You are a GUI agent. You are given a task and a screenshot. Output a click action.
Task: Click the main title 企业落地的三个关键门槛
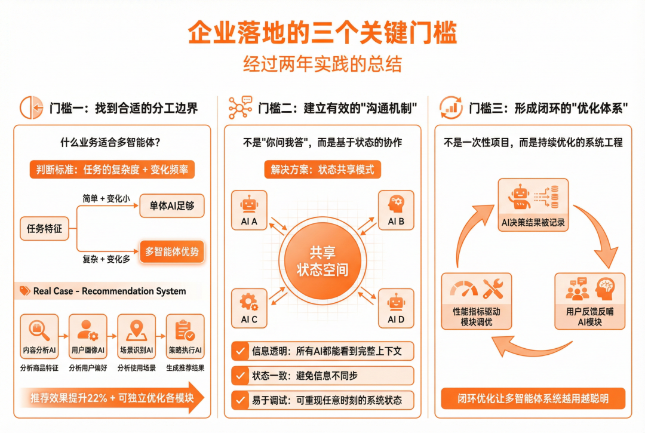322,33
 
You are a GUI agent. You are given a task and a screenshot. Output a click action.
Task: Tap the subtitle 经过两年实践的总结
322,64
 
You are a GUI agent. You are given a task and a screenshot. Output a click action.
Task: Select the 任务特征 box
45,228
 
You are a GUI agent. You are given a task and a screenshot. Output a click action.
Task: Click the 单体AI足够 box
172,207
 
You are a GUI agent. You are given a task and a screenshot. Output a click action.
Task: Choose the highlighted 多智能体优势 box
172,251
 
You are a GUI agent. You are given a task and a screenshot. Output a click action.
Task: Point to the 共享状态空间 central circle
322,260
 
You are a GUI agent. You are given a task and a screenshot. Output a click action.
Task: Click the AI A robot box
249,210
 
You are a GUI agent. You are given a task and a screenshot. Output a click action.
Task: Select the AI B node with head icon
396,210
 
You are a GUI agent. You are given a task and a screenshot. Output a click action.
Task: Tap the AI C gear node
249,308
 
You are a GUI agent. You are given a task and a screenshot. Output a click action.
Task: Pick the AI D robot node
396,308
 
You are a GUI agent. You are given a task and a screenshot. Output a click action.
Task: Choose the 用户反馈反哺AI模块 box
589,302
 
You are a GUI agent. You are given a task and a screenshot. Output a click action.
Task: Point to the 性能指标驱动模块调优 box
477,302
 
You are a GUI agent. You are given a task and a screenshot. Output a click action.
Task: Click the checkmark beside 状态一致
241,376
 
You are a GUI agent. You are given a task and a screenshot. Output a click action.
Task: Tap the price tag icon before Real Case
24,291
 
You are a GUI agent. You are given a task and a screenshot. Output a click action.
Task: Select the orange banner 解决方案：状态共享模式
322,170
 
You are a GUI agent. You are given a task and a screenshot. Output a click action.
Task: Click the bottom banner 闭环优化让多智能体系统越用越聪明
533,398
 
